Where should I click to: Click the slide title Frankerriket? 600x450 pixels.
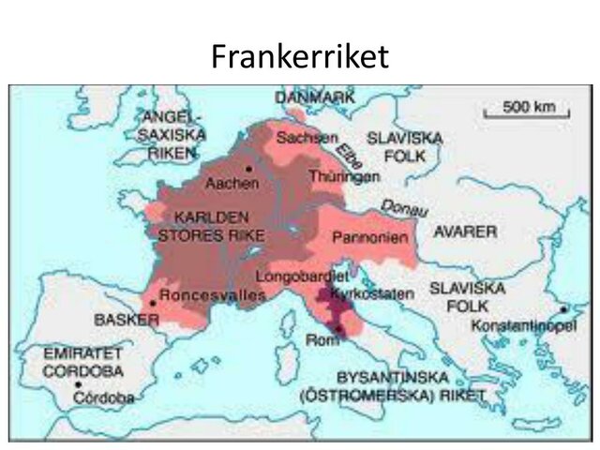[299, 57]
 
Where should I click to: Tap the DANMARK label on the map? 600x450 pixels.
[315, 97]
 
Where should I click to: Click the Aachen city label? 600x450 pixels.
[232, 185]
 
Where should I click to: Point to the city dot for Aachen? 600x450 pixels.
[247, 170]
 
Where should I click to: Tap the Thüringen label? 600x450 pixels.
[347, 175]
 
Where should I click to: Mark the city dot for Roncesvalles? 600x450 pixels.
[153, 304]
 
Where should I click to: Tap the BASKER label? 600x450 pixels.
[127, 320]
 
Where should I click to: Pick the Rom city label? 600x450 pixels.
[320, 338]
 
